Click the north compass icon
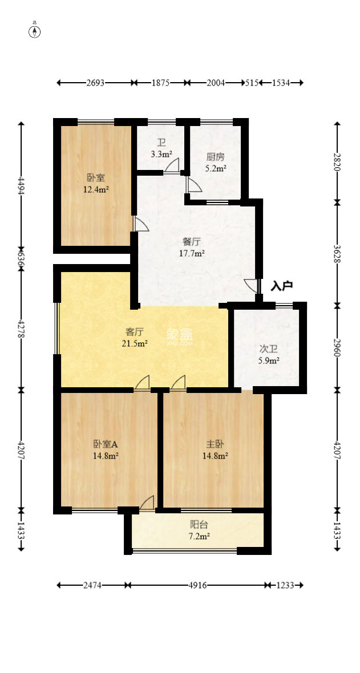pos(35,31)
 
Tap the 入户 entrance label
pos(281,286)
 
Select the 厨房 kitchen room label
pos(216,158)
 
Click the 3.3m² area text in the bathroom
pos(161,154)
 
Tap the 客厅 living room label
pos(134,331)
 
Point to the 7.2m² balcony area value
pos(199,536)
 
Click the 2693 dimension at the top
pos(95,83)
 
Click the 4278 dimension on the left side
pos(22,329)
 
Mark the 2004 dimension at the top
pos(216,83)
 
